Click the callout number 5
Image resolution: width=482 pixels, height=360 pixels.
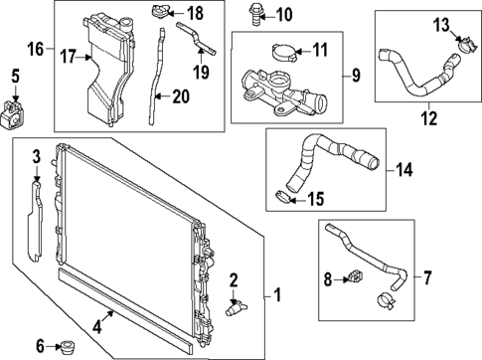(14, 75)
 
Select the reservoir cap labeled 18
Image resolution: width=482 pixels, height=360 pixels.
(160, 14)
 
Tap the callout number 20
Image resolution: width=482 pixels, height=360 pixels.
(180, 96)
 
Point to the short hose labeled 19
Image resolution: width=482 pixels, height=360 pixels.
(197, 41)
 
